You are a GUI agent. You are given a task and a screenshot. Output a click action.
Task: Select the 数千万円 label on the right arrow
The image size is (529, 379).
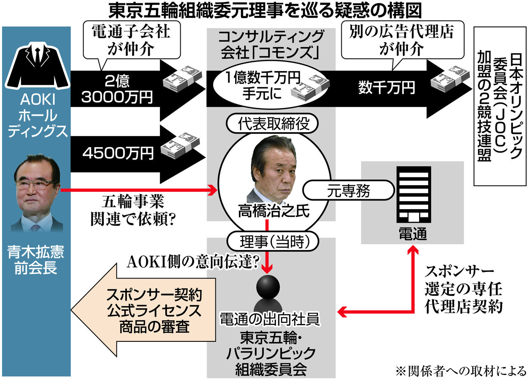(386, 87)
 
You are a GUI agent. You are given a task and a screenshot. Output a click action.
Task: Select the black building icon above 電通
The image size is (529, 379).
(413, 195)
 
